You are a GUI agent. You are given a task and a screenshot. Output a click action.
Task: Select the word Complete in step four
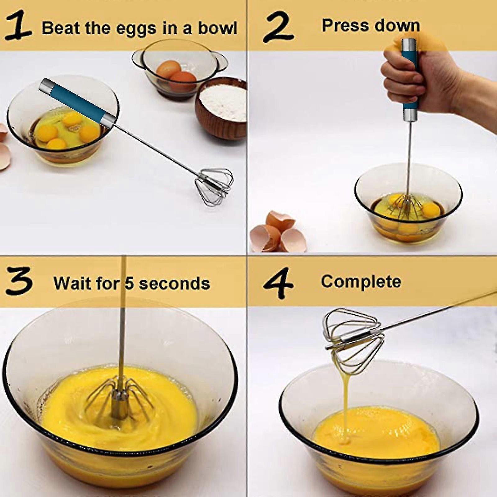pyautogui.click(x=361, y=281)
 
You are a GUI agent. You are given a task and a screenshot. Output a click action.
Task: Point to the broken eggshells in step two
pyautogui.click(x=273, y=231)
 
